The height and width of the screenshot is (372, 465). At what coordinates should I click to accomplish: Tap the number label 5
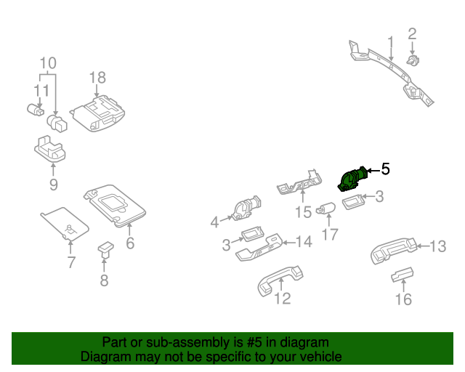click(385, 169)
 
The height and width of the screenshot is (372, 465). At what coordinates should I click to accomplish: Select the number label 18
click(97, 78)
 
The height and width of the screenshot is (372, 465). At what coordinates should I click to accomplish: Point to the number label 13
click(437, 246)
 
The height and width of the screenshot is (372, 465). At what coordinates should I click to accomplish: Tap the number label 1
click(389, 41)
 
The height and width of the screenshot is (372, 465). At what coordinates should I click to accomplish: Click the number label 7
click(70, 262)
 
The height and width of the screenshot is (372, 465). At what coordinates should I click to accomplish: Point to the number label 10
click(47, 62)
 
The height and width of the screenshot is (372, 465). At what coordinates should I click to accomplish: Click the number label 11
click(40, 91)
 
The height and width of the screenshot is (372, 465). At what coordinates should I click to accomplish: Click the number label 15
click(302, 212)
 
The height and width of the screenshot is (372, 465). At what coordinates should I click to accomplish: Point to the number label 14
click(303, 241)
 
